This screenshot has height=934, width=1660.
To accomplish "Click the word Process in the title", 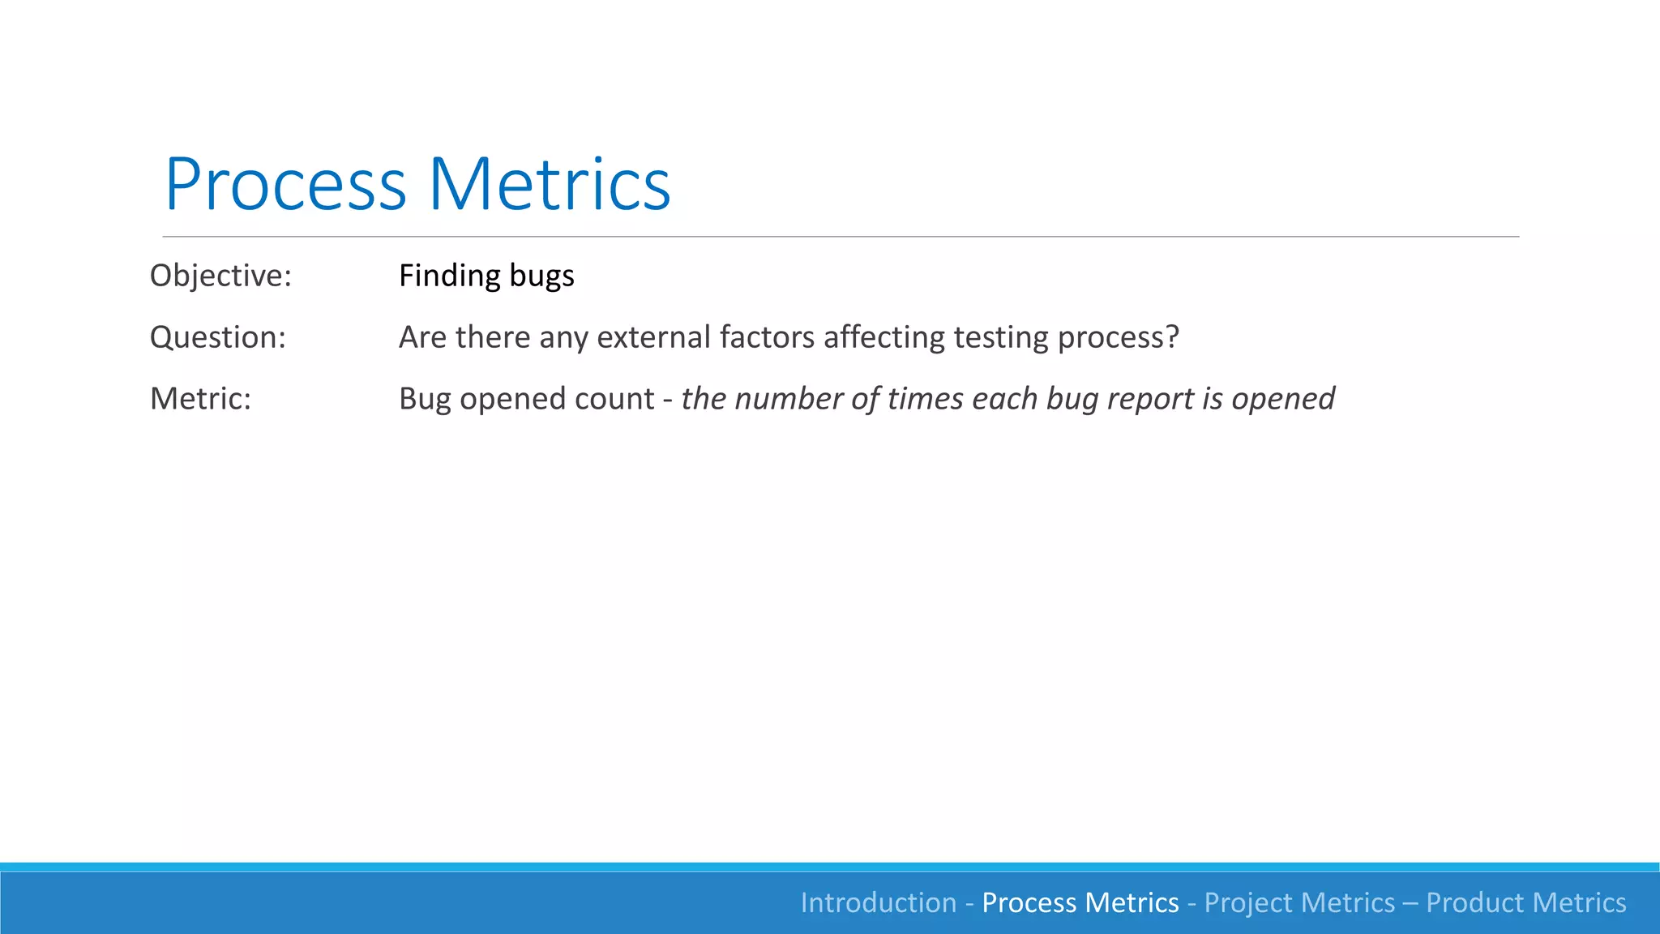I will click(285, 185).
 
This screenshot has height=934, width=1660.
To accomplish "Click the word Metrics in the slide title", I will click(550, 185).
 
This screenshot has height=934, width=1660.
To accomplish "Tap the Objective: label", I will click(220, 276).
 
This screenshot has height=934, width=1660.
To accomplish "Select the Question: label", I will click(218, 337).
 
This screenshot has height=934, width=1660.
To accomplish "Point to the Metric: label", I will click(200, 399).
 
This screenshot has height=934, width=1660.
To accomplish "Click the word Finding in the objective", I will click(450, 276).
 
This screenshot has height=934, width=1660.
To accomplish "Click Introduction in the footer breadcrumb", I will click(879, 902).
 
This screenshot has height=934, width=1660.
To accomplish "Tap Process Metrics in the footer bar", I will click(1080, 902).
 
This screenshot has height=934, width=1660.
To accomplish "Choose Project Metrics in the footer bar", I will click(1299, 902).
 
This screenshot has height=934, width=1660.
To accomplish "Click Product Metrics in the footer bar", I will click(1526, 902).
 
